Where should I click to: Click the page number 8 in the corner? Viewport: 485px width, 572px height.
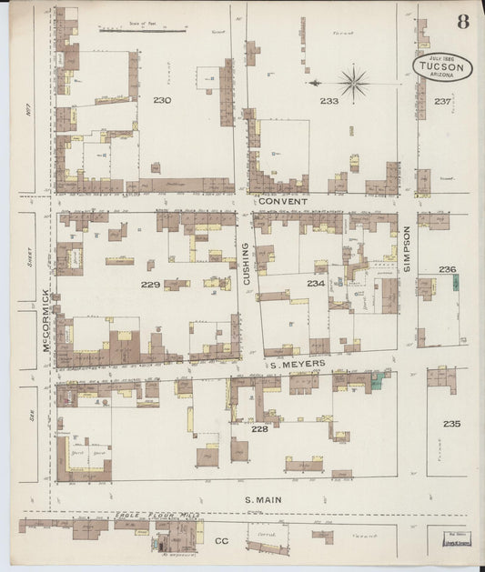click(463, 22)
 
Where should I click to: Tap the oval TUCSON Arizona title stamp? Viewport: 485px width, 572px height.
click(442, 67)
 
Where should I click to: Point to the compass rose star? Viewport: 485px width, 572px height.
click(353, 83)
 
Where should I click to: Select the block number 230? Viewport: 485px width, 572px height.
click(163, 100)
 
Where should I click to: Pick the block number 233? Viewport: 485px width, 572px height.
click(328, 101)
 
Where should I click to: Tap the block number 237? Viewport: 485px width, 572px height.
click(442, 101)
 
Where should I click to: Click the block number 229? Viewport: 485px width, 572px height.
click(151, 285)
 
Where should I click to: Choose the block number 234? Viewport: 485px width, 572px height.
click(315, 285)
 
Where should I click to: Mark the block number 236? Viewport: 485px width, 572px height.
click(446, 269)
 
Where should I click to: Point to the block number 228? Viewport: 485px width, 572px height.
click(259, 428)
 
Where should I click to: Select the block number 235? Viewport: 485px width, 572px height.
click(452, 424)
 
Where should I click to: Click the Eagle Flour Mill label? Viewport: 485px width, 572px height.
click(156, 516)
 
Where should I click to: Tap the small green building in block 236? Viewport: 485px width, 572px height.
click(453, 284)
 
